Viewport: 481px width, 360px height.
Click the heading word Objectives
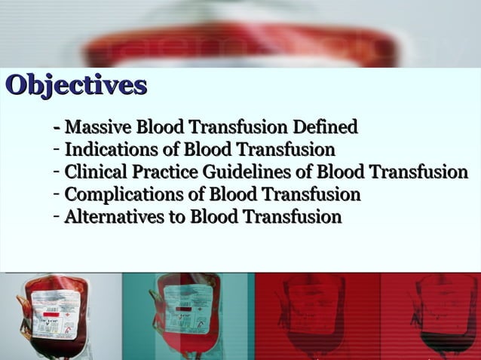pyautogui.click(x=75, y=85)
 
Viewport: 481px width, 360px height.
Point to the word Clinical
pyautogui.click(x=92, y=172)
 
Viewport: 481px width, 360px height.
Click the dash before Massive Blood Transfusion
pyautogui.click(x=58, y=127)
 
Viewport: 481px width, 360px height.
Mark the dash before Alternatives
pyautogui.click(x=57, y=218)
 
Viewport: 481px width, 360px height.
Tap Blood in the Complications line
pyautogui.click(x=231, y=195)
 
